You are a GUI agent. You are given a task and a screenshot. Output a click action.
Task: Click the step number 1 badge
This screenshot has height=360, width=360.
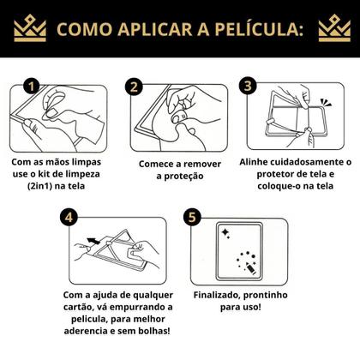point(31,87)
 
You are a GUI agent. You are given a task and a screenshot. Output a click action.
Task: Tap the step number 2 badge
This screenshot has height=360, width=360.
point(134,87)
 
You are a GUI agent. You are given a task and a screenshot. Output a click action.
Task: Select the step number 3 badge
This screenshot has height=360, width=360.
point(248,86)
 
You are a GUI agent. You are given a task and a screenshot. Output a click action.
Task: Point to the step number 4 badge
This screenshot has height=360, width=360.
point(69,217)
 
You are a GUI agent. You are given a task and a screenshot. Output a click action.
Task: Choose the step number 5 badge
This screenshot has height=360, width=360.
point(192,217)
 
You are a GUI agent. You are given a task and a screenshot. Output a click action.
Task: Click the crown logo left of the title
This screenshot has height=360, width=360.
point(30,28)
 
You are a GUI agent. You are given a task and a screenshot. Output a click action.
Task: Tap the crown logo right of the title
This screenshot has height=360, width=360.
point(334,28)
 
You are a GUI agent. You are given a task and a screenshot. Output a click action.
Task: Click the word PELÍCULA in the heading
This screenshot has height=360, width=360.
point(259,29)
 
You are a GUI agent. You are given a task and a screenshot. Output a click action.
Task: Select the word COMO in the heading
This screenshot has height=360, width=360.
point(84,29)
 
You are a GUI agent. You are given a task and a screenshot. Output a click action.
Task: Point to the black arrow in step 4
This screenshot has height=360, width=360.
point(93,241)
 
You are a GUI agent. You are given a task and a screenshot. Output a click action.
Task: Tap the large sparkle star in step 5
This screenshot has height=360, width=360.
point(225,232)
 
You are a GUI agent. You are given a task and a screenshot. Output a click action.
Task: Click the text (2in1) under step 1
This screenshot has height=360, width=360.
point(39,186)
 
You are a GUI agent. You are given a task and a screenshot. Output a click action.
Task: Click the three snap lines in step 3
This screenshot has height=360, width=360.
point(326,102)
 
